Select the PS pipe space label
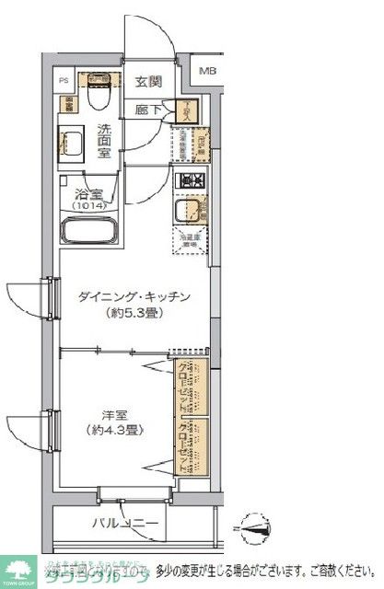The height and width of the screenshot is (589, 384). (x=64, y=81)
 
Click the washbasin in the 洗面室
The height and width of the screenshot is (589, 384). (x=73, y=142)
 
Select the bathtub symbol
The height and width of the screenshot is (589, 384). (x=91, y=231)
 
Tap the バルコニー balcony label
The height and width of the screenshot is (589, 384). (x=125, y=525)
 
